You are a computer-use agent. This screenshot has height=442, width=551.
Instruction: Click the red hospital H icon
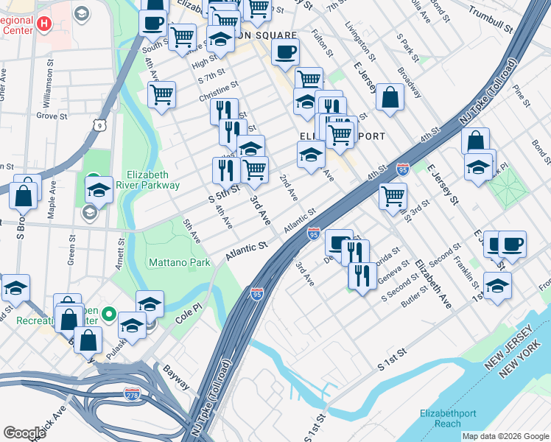click(43, 24)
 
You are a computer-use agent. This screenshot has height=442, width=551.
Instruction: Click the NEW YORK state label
click(519, 372)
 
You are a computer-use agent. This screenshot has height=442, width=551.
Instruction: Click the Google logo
click(24, 433)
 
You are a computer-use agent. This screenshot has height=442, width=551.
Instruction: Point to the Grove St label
click(52, 116)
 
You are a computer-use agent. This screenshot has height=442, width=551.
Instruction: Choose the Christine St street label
click(218, 93)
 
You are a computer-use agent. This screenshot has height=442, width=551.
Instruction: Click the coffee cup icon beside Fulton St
click(285, 52)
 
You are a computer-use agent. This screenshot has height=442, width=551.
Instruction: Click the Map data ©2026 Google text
click(505, 436)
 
